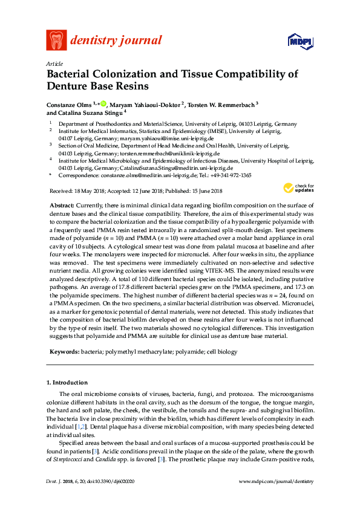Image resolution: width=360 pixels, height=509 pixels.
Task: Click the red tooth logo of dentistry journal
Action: point(56,40)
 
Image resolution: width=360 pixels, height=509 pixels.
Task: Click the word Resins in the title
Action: point(131,88)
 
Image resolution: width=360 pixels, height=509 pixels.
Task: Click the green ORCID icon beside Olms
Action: point(103,104)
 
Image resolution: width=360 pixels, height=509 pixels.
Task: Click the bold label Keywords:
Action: point(64,351)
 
